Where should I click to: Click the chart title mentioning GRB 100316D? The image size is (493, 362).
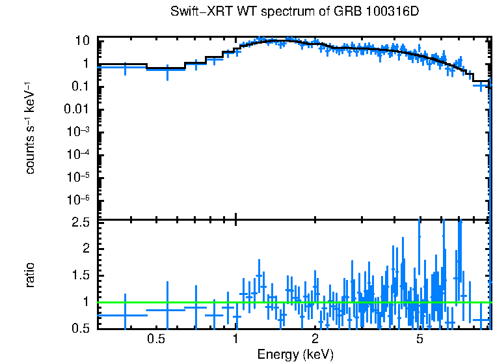pyautogui.click(x=295, y=12)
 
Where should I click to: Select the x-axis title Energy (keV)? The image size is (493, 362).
pyautogui.click(x=295, y=354)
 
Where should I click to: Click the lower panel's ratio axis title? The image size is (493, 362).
pyautogui.click(x=30, y=275)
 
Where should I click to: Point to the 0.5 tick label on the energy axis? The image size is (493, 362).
pyautogui.click(x=155, y=339)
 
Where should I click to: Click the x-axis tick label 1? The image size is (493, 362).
pyautogui.click(x=235, y=339)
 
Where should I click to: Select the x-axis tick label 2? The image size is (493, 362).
pyautogui.click(x=315, y=339)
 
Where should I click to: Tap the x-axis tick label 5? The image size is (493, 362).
pyautogui.click(x=420, y=339)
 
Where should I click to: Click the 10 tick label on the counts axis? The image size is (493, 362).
pyautogui.click(x=82, y=40)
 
